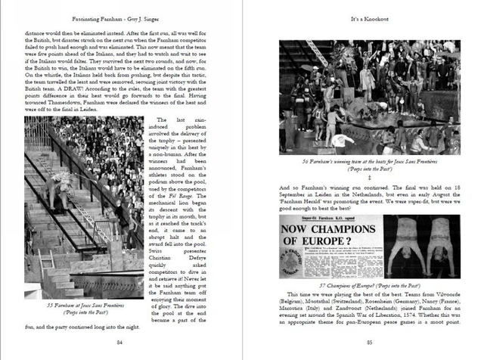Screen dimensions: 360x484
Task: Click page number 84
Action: (x=119, y=342)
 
